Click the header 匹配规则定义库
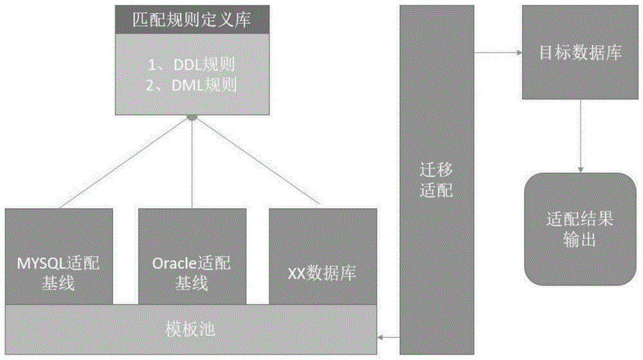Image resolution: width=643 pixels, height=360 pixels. point(192,20)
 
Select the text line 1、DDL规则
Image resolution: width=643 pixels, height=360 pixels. point(192,64)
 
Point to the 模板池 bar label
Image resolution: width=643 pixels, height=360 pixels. point(192,331)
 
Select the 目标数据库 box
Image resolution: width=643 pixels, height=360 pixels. point(580,53)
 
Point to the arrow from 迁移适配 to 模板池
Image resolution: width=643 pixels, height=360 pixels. point(388,336)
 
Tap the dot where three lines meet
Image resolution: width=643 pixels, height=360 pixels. point(192,118)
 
